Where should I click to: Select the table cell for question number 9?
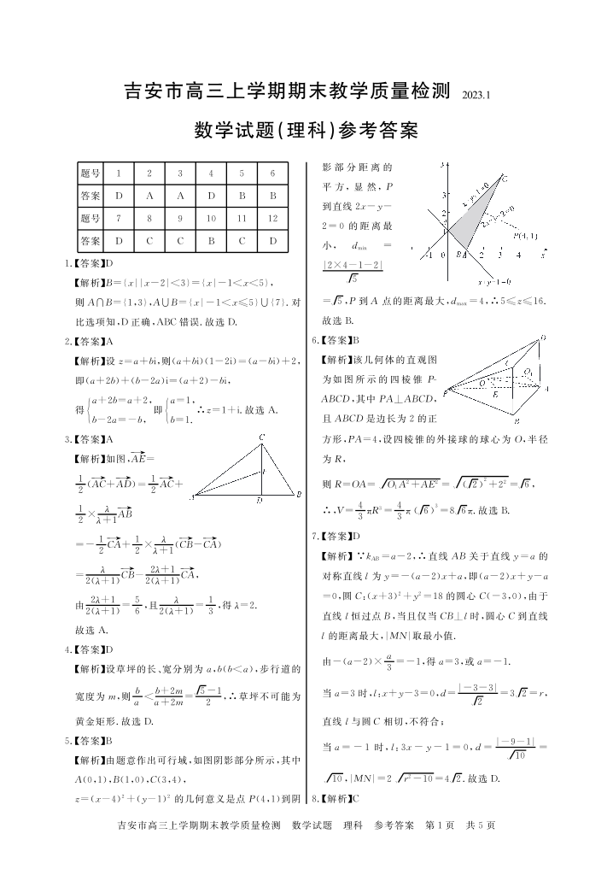180,218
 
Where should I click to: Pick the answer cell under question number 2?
149,196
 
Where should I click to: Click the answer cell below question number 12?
272,240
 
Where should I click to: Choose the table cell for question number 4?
211,173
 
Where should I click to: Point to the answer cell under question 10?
211,240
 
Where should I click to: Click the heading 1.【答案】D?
89,263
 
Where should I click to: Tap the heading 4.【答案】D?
89,649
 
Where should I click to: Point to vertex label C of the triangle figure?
262,439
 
